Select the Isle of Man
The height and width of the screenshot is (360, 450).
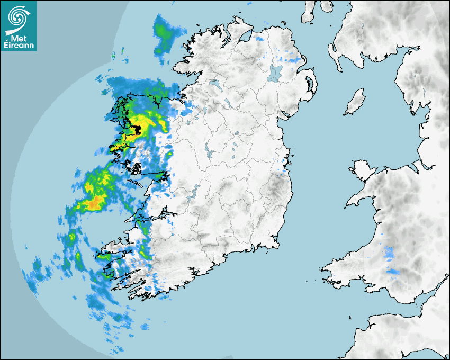[x=355, y=102]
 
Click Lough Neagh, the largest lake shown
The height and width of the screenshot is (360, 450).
[x=276, y=73]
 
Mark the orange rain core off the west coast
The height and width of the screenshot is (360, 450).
[x=93, y=202]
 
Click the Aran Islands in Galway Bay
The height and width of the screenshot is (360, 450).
[x=133, y=183]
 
